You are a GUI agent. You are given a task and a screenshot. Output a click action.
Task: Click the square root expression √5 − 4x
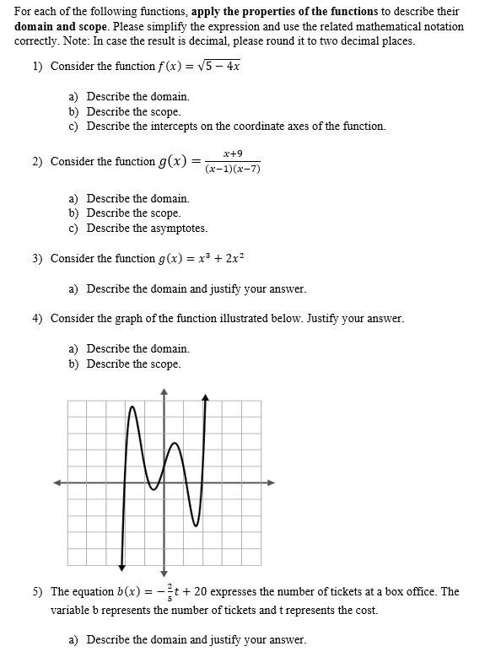218,65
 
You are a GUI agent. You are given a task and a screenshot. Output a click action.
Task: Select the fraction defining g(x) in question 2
232,161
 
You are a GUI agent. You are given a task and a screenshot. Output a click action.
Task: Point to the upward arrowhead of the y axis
164,391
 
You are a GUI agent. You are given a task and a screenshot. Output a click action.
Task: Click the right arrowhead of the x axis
271,482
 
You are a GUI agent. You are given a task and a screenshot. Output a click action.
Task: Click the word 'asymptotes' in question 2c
180,228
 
